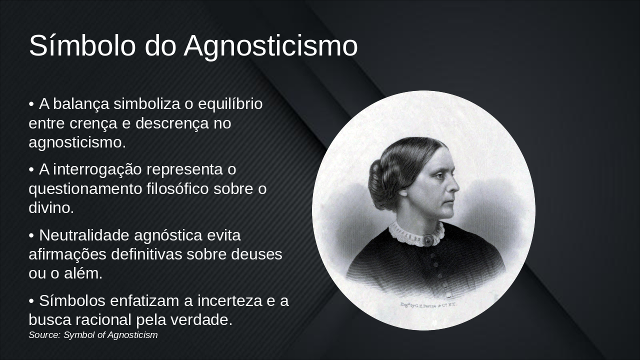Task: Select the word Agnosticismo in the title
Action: pos(270,46)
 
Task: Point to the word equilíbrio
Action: pos(230,104)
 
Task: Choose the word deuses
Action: pos(256,254)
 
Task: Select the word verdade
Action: pos(203,320)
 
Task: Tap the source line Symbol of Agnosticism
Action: pos(93,335)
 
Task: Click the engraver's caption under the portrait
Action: pos(428,304)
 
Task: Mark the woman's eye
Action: pos(440,174)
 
